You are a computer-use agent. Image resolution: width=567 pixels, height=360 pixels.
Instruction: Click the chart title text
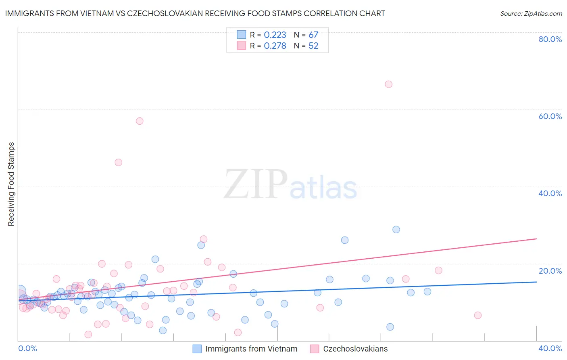[195, 13]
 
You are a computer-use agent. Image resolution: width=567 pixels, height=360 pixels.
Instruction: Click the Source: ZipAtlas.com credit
[531, 13]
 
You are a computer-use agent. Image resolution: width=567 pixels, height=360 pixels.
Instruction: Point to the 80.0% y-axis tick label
[550, 39]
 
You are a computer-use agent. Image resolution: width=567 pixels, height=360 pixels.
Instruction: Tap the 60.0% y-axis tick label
[550, 116]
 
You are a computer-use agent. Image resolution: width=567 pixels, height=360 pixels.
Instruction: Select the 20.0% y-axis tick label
[550, 271]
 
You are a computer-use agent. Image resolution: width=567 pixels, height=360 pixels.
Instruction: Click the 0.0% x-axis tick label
[27, 348]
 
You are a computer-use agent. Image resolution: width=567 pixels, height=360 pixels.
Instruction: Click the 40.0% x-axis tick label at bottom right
[550, 348]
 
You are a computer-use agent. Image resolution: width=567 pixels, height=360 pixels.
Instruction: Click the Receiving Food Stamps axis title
[11, 184]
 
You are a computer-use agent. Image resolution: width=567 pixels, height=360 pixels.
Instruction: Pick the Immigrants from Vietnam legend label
[251, 349]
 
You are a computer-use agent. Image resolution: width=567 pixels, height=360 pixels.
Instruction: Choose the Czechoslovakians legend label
[355, 349]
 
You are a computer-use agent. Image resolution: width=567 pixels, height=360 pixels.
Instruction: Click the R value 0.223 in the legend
[275, 35]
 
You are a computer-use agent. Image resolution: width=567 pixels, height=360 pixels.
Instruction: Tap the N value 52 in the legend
[313, 46]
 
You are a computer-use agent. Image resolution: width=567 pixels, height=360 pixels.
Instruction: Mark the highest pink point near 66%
[388, 84]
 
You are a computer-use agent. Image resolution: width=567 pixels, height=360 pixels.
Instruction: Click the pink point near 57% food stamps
[140, 121]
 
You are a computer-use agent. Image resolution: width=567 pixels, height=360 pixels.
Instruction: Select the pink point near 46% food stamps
[118, 163]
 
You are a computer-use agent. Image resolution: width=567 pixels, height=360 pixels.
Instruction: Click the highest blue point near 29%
[396, 230]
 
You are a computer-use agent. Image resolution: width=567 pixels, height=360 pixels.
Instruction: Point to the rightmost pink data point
[478, 315]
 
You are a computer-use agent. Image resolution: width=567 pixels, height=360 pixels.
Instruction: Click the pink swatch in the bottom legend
[315, 349]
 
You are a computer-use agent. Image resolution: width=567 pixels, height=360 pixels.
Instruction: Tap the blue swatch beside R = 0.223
[241, 35]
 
